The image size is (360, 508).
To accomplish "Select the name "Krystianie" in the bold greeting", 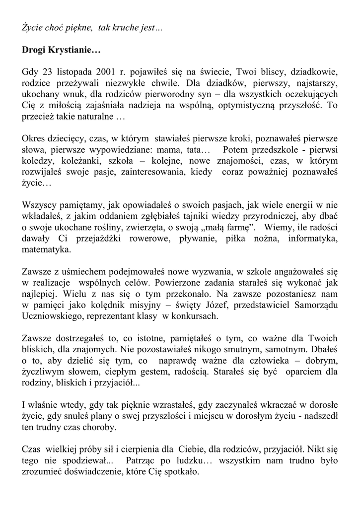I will coord(73,50).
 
